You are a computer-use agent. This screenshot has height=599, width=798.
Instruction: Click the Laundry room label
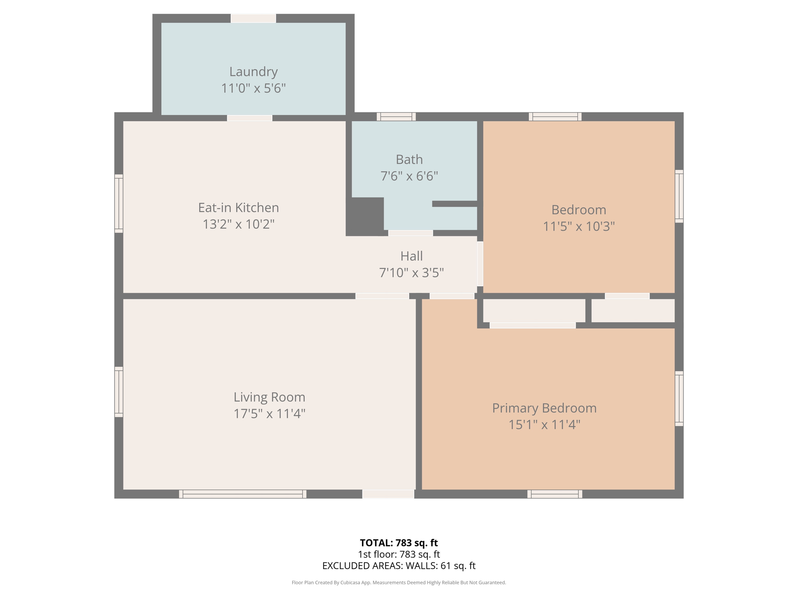(x=253, y=72)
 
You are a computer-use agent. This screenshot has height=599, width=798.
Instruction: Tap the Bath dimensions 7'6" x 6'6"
(x=409, y=176)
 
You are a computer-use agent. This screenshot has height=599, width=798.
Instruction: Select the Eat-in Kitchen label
(x=238, y=207)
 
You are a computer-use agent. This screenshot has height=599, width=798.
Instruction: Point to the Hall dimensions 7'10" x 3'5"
(x=411, y=272)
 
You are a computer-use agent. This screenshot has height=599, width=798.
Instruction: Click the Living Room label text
(x=269, y=397)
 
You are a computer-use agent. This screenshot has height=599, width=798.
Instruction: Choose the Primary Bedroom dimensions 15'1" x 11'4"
(x=544, y=424)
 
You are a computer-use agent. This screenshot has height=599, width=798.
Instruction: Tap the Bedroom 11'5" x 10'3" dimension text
(x=579, y=226)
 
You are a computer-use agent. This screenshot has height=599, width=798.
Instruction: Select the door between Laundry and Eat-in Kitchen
(x=250, y=118)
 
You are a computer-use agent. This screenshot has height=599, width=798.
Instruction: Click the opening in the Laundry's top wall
(x=253, y=18)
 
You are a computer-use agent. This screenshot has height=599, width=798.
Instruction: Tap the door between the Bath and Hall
(x=410, y=233)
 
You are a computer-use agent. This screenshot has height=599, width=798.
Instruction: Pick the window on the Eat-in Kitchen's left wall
(x=119, y=204)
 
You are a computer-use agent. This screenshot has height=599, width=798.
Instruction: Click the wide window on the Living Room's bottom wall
(x=242, y=494)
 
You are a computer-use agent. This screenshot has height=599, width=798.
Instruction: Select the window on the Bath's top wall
(x=396, y=116)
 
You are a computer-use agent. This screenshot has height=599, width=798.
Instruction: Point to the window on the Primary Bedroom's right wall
(x=679, y=399)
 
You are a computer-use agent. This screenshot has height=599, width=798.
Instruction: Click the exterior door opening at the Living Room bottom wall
(x=388, y=494)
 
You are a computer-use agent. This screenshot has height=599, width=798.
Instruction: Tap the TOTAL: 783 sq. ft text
(x=399, y=543)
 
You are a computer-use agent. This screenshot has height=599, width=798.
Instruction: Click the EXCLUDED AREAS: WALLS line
(x=399, y=565)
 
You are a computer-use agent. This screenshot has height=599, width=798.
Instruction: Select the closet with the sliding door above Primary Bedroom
(x=534, y=311)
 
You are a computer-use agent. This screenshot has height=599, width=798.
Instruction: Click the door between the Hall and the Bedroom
(x=480, y=264)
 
